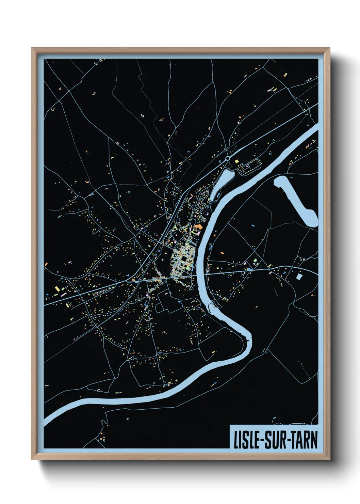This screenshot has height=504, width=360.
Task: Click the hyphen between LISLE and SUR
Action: coord(260,440)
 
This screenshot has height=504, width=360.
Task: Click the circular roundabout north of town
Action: coord(227,158)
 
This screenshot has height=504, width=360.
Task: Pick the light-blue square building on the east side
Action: coord(299,276)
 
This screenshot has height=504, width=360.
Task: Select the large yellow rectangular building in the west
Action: coord(57,289)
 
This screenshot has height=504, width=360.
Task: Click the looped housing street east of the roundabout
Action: coord(250,167)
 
